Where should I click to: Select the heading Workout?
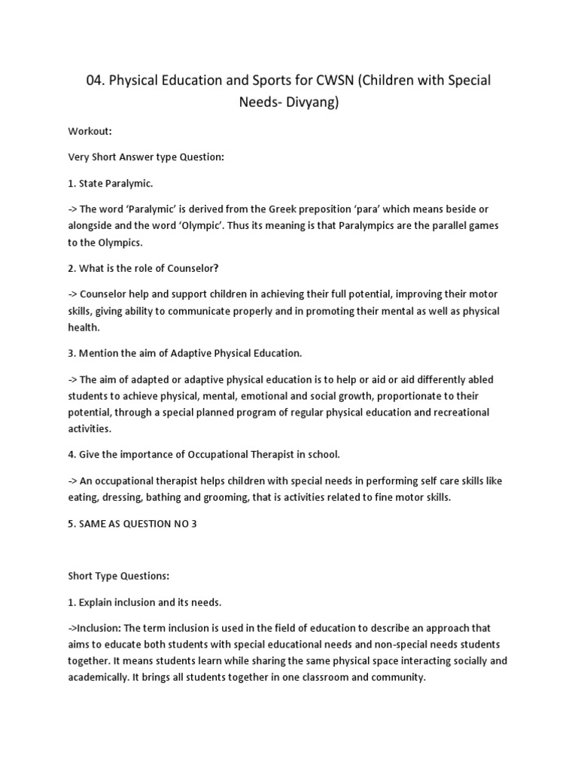(90, 131)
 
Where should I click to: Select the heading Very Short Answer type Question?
(147, 157)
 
